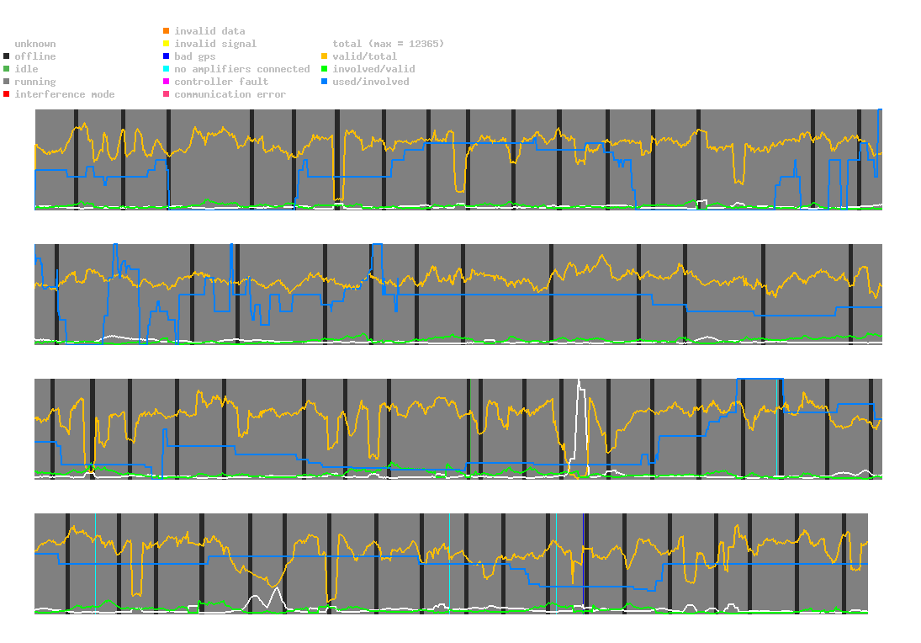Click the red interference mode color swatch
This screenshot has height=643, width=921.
(6, 94)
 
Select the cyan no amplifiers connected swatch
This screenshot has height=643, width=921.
(166, 69)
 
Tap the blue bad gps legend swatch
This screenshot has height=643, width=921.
(166, 56)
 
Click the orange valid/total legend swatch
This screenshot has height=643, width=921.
(324, 56)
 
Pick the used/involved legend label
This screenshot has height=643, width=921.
(371, 82)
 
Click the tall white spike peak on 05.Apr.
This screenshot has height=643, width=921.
(579, 381)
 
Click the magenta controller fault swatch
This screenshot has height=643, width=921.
(166, 82)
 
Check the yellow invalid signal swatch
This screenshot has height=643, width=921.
(166, 44)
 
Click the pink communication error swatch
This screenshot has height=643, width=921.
(166, 94)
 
